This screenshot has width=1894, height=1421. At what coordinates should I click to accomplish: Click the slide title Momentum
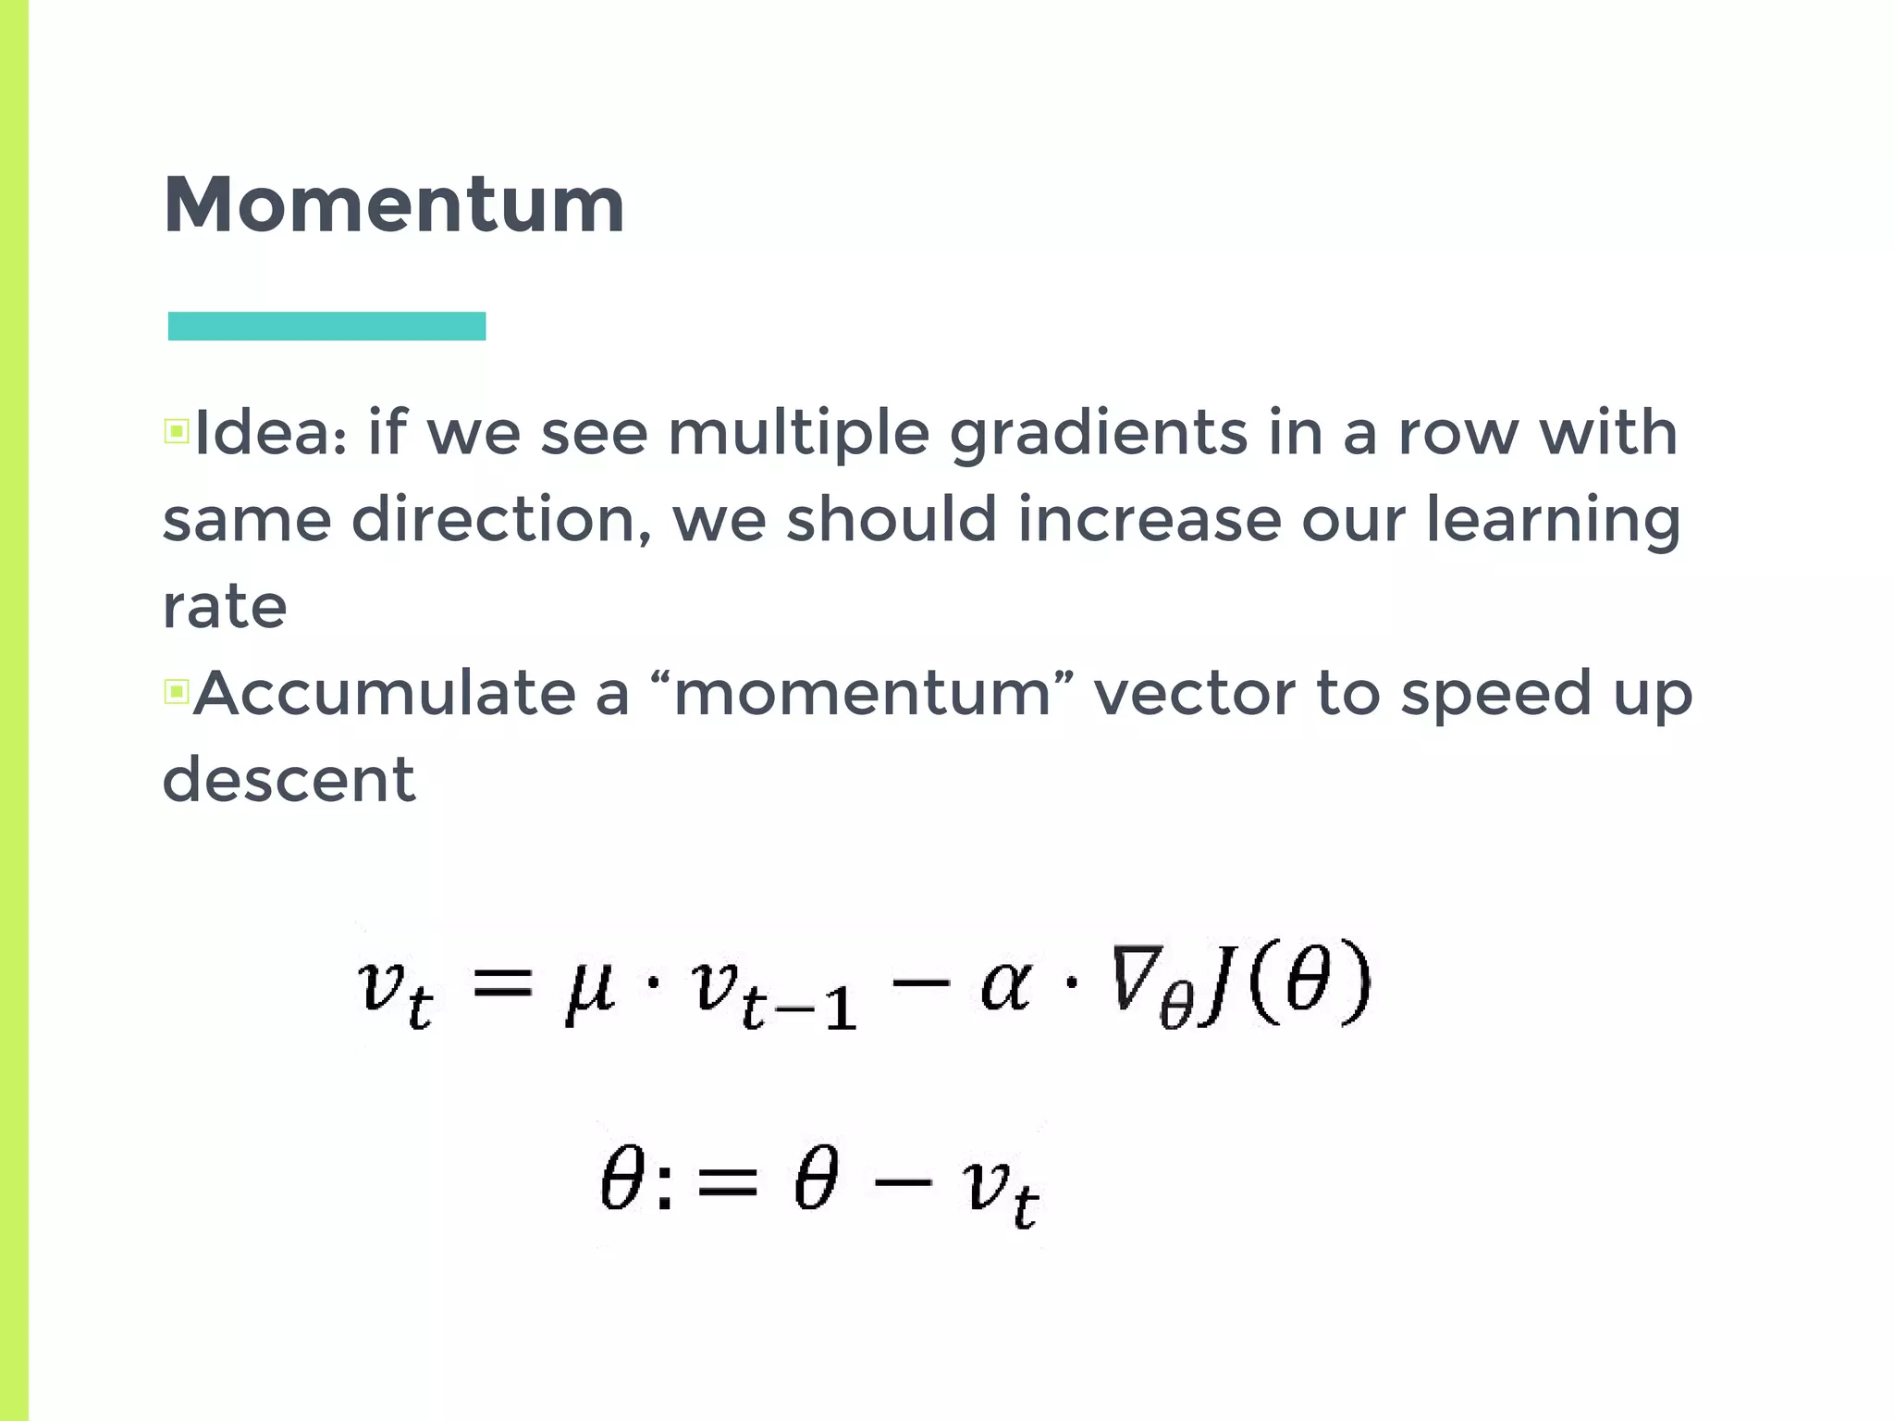coord(394,205)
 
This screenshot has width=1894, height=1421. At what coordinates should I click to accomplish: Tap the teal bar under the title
coord(326,327)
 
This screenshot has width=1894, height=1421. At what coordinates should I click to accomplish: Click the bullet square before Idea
coord(177,431)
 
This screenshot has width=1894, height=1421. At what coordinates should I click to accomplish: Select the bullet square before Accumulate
coord(177,691)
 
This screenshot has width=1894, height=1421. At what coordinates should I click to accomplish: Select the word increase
coord(1149,519)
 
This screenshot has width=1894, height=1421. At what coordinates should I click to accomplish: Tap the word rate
coord(225,607)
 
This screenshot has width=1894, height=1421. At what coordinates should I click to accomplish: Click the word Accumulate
coord(385,693)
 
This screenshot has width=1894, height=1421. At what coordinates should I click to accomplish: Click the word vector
coord(1194,693)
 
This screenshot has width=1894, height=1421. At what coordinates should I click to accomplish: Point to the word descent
coord(289,779)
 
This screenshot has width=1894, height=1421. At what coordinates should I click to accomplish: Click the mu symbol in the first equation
coord(590,990)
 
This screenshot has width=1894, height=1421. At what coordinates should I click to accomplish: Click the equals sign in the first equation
coord(503,982)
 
